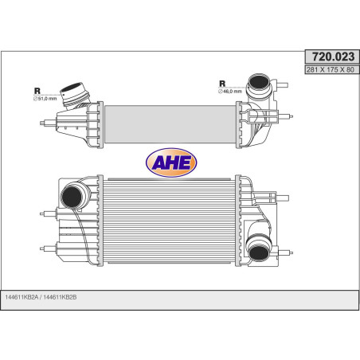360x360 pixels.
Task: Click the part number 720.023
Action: [328, 57]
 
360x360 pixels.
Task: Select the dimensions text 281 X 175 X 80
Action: [328, 70]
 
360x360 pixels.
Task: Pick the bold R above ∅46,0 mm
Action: [222, 83]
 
